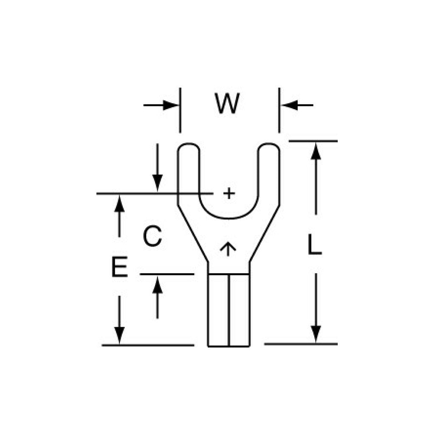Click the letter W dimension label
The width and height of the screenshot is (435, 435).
tap(227, 104)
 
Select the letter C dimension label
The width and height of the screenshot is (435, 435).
tap(152, 237)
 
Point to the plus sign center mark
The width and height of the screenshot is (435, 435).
tap(229, 193)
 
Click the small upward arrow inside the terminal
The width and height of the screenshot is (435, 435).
tap(229, 249)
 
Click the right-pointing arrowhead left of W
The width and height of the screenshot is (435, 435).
tap(170, 105)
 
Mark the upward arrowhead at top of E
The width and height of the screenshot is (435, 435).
tap(120, 205)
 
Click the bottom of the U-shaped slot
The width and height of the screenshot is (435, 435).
tap(229, 218)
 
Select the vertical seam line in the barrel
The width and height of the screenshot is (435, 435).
tap(229, 310)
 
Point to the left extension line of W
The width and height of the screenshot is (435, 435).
tap(180, 110)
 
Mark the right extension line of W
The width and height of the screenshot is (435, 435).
tap(279, 110)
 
